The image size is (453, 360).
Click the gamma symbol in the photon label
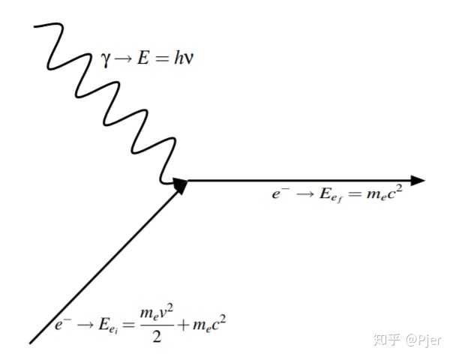[x=106, y=60]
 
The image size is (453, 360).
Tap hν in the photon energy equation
[x=183, y=58]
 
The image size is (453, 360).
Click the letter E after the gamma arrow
[x=143, y=58]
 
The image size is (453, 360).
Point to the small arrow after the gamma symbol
[x=123, y=59]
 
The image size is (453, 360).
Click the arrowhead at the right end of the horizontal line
[x=417, y=181]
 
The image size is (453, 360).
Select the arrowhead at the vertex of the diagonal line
[x=181, y=186]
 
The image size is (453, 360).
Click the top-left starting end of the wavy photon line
[x=34, y=26]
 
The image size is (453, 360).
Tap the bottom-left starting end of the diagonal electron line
[x=31, y=343]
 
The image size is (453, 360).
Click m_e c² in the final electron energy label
[x=385, y=193]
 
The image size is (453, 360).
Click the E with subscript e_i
[x=108, y=326]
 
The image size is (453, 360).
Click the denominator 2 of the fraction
[x=157, y=336]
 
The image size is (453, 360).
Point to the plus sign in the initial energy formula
[x=183, y=325]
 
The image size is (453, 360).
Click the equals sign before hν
[x=161, y=59]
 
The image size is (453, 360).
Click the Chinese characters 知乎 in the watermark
[x=387, y=339]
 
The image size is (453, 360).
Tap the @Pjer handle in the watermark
[x=424, y=340]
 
